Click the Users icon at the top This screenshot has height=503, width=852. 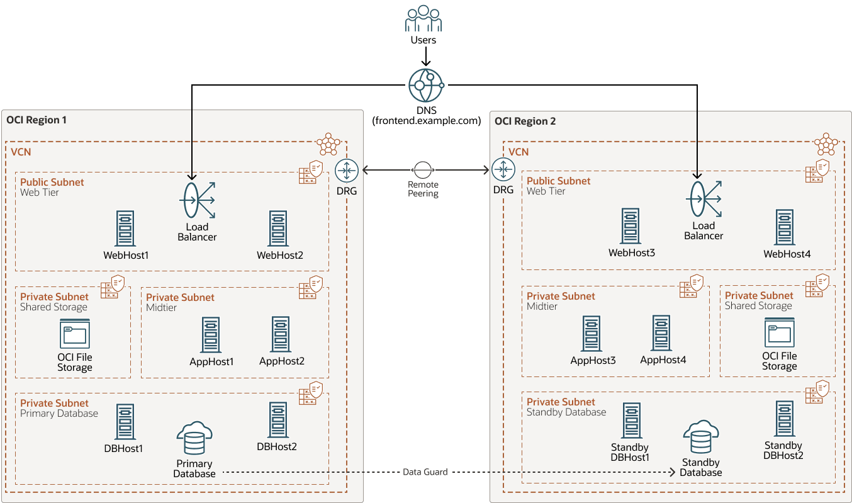(423, 19)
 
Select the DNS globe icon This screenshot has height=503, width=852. (425, 85)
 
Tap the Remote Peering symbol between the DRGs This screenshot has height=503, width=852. (422, 169)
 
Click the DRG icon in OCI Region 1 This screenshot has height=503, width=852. (347, 170)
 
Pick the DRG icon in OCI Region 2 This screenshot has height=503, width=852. (503, 169)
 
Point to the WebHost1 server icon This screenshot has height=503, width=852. (125, 229)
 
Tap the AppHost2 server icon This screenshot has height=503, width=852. (281, 334)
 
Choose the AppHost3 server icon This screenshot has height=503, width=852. (592, 334)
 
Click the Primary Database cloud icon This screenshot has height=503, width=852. (194, 439)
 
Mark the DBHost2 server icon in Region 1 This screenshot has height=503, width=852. (277, 420)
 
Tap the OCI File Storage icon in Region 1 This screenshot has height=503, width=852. (75, 334)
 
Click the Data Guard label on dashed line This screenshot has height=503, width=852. (425, 472)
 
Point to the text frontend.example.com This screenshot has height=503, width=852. (426, 120)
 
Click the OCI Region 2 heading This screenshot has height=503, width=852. (525, 121)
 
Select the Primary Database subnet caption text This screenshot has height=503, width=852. (59, 414)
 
